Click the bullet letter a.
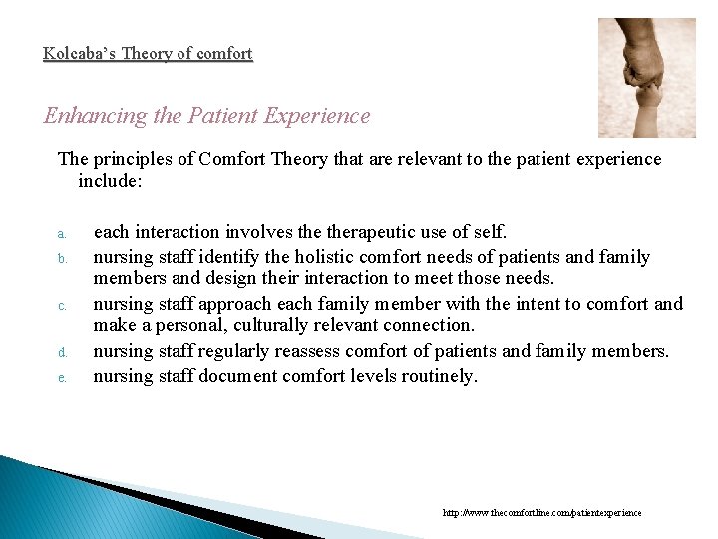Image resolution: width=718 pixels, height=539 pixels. pyautogui.click(x=61, y=234)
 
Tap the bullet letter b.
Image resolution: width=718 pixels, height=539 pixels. pyautogui.click(x=61, y=259)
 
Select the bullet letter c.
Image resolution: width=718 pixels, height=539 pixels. pyautogui.click(x=61, y=306)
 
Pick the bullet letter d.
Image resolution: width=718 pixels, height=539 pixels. pyautogui.click(x=61, y=352)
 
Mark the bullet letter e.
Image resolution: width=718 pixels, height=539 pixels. pyautogui.click(x=61, y=377)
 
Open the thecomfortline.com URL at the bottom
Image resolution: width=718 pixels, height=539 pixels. pyautogui.click(x=542, y=513)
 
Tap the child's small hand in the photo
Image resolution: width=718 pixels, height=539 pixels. pyautogui.click(x=649, y=100)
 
